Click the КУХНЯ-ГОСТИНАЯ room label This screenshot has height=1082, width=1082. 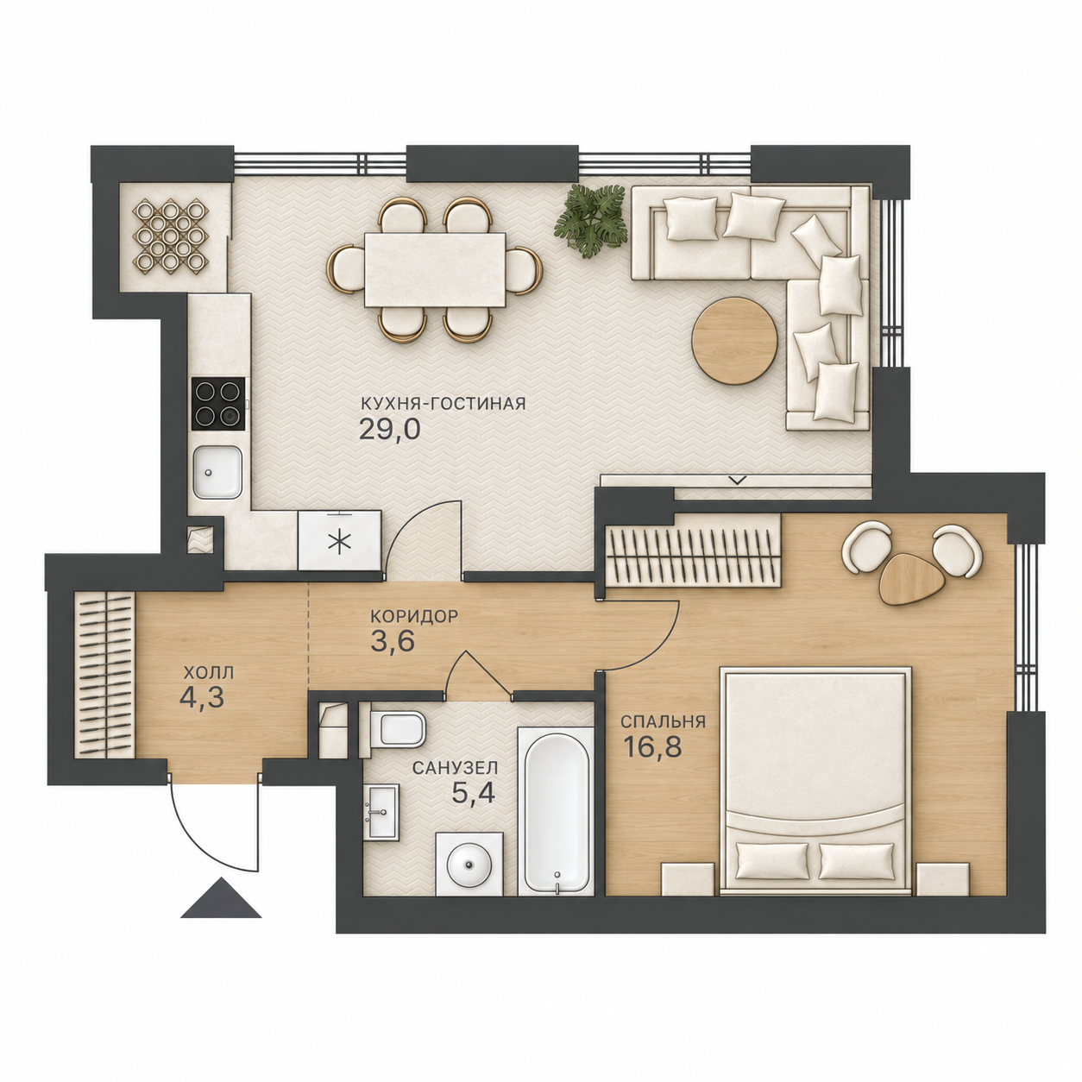pyautogui.click(x=443, y=404)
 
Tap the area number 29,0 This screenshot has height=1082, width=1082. pyautogui.click(x=389, y=431)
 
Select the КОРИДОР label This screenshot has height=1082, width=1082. pyautogui.click(x=414, y=616)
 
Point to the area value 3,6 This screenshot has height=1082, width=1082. pyautogui.click(x=393, y=642)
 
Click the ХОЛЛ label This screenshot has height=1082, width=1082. pyautogui.click(x=208, y=673)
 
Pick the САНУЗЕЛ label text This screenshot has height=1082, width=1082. pyautogui.click(x=455, y=768)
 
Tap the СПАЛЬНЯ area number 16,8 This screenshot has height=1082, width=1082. pyautogui.click(x=652, y=747)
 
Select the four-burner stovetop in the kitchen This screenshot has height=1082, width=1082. pyautogui.click(x=218, y=404)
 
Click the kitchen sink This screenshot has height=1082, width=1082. pyautogui.click(x=217, y=472)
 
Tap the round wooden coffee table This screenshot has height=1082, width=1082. pyautogui.click(x=734, y=340)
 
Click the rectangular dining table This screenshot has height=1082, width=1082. pyautogui.click(x=435, y=269)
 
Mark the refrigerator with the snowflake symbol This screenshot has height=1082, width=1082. pyautogui.click(x=340, y=540)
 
